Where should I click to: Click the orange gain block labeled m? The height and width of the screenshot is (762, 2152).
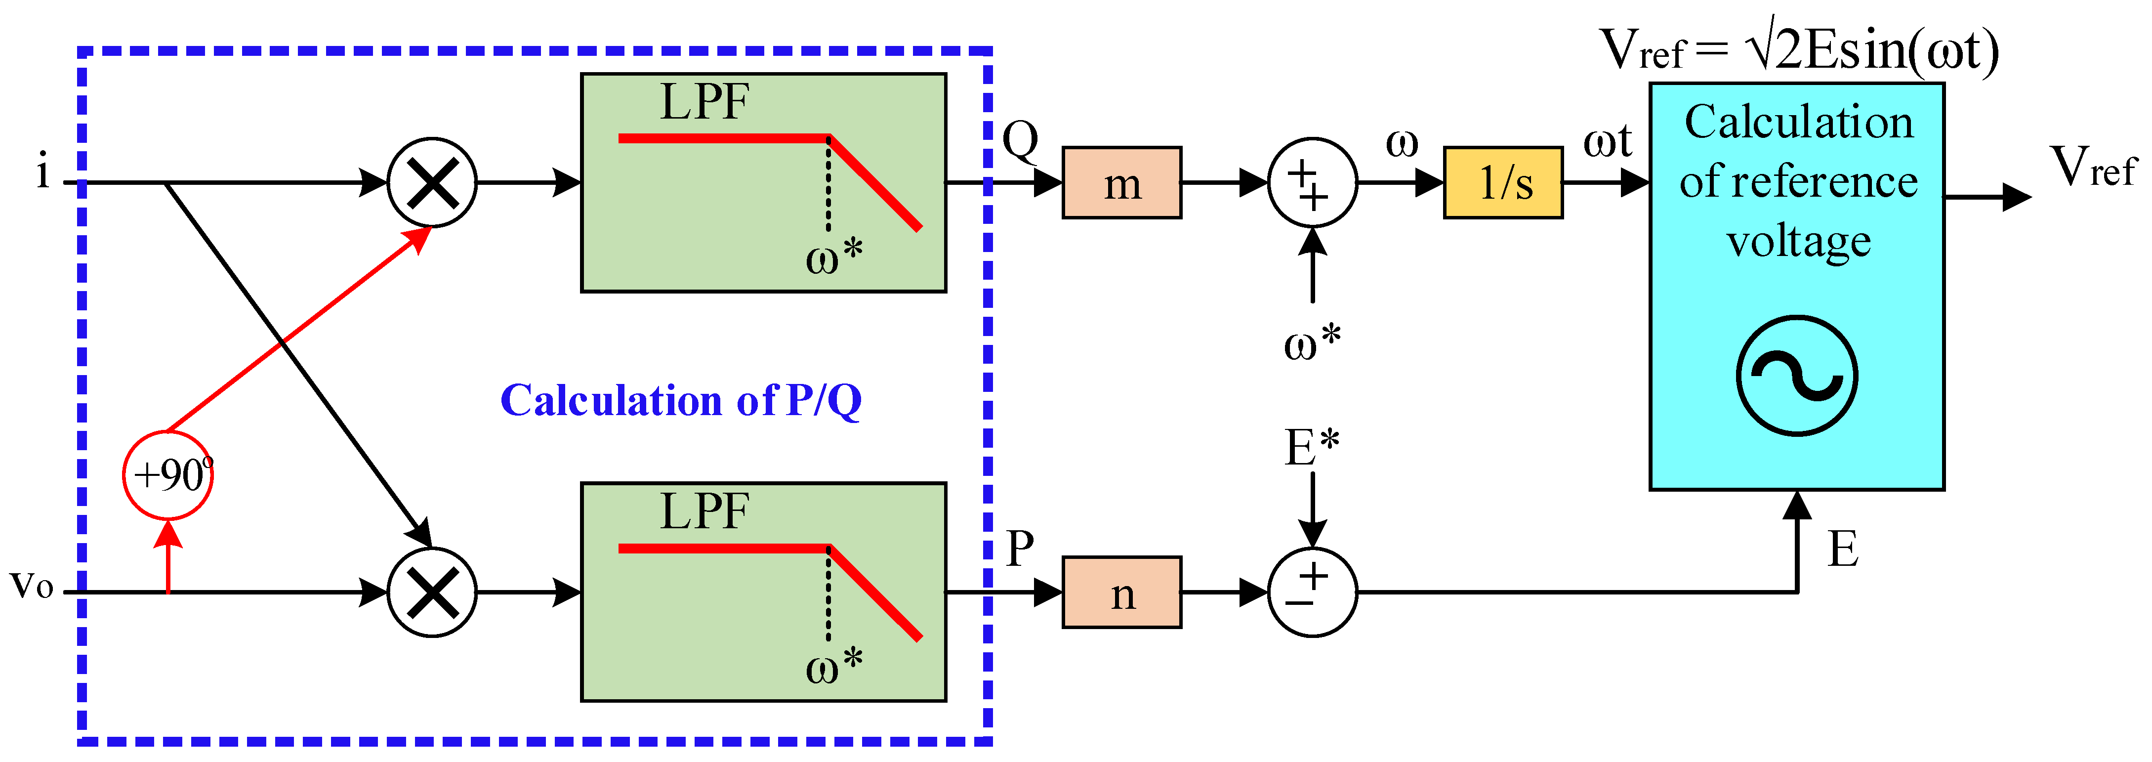pyautogui.click(x=1121, y=183)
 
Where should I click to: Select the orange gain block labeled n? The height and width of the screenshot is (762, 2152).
pyautogui.click(x=1121, y=593)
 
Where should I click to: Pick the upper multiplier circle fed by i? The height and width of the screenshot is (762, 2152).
pyautogui.click(x=432, y=182)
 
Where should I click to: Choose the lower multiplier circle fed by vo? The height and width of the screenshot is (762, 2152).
pyautogui.click(x=432, y=593)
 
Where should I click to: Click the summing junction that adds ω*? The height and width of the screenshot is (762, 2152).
pyautogui.click(x=1313, y=183)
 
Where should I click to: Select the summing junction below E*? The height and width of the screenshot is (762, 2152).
pyautogui.click(x=1313, y=593)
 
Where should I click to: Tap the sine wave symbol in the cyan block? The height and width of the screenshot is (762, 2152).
pyautogui.click(x=1796, y=376)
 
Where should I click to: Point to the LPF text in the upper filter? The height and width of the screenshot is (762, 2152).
pyautogui.click(x=704, y=103)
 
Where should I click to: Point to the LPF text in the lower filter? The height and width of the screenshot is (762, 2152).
pyautogui.click(x=704, y=511)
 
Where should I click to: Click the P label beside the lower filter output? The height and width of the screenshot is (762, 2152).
pyautogui.click(x=1020, y=549)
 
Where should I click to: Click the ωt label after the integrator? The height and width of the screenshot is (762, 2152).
pyautogui.click(x=1607, y=141)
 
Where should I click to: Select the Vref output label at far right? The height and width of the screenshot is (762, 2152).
pyautogui.click(x=2093, y=167)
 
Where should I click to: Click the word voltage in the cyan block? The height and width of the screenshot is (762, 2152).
pyautogui.click(x=1798, y=242)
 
